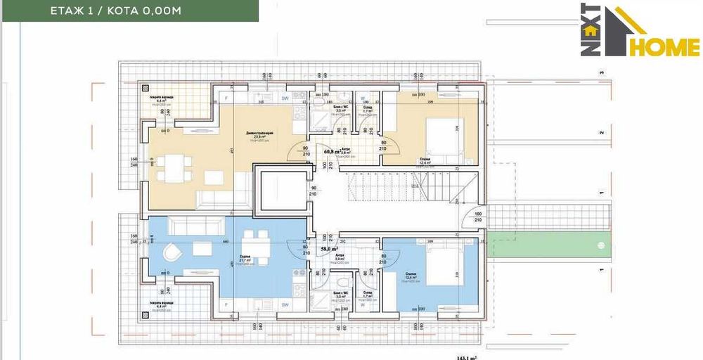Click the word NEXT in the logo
590,30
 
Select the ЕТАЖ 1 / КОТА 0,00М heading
116,11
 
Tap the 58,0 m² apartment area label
330,249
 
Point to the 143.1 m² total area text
467,356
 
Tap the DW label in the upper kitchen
285,99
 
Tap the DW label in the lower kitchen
285,304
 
